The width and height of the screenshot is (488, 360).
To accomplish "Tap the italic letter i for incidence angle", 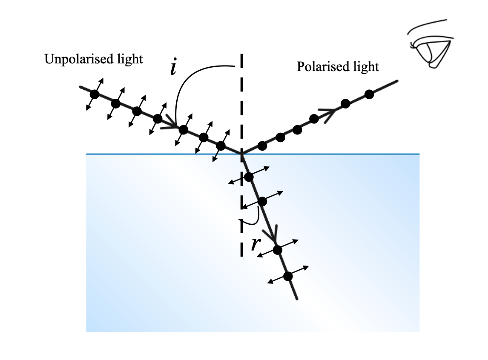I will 173,68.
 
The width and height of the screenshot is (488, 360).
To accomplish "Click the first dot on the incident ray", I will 95,94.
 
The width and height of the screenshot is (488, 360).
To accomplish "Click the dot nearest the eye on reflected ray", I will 369,94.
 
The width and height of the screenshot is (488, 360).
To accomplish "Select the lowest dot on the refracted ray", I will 288,276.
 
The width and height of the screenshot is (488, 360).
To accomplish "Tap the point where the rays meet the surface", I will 241,154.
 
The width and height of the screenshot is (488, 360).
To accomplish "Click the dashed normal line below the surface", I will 241,238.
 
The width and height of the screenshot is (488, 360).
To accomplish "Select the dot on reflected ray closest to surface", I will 262,146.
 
